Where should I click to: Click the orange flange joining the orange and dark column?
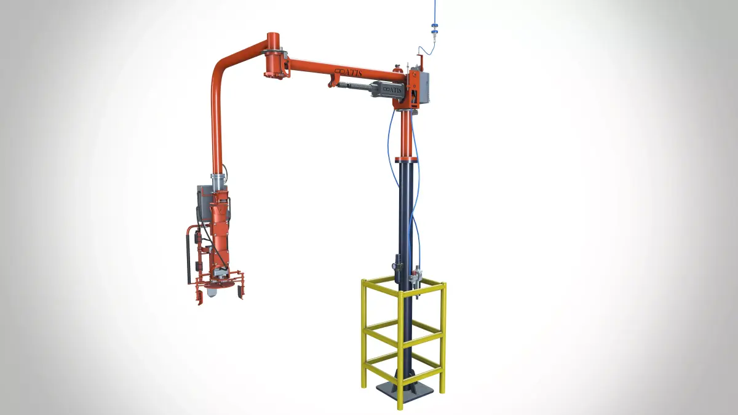tap(407, 159)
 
